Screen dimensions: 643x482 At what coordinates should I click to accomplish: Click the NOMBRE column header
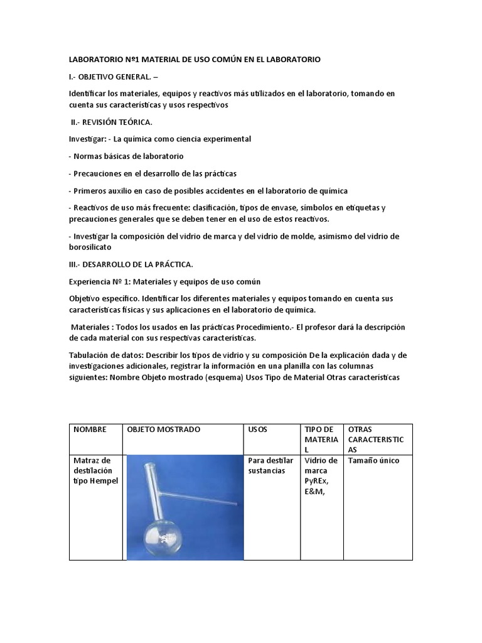tap(90, 430)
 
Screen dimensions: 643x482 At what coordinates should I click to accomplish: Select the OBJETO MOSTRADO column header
tap(163, 430)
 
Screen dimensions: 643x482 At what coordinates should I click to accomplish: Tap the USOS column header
tap(257, 430)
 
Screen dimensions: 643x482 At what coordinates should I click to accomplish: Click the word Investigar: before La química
tap(87, 139)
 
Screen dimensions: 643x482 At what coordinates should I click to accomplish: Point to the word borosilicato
tap(92, 247)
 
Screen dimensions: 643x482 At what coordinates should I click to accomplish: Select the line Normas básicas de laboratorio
tap(126, 156)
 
